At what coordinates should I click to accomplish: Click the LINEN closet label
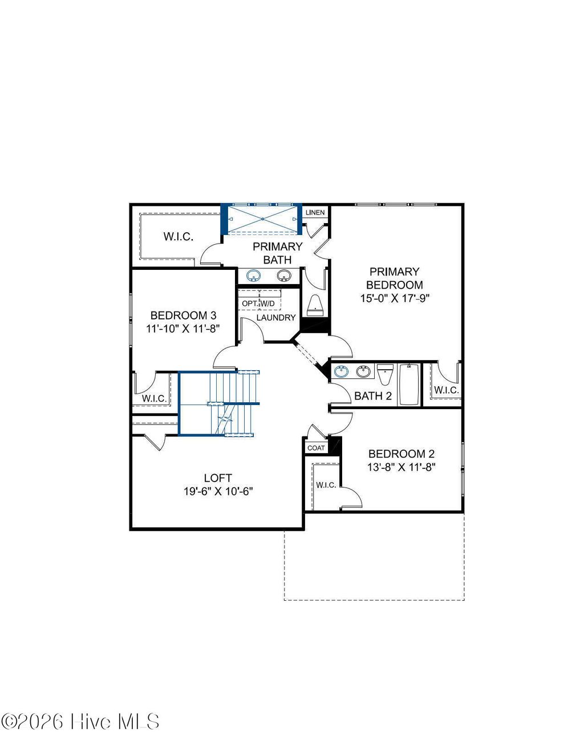(x=315, y=213)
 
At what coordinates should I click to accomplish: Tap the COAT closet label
(x=316, y=448)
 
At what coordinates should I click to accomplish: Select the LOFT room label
(x=218, y=478)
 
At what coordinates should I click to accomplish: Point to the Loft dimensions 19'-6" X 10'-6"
(x=218, y=491)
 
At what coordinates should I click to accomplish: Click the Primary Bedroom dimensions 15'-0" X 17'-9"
(x=394, y=298)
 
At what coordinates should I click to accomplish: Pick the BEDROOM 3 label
(x=183, y=316)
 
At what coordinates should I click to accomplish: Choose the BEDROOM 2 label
(x=401, y=454)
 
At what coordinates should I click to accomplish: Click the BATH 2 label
(x=373, y=396)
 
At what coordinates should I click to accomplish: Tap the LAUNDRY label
(x=276, y=318)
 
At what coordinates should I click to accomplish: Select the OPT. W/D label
(x=258, y=303)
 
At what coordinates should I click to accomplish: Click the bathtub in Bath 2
(x=409, y=385)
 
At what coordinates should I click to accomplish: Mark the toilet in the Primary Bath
(x=315, y=307)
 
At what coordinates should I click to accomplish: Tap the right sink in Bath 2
(x=363, y=372)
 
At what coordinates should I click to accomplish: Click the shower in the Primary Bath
(x=262, y=219)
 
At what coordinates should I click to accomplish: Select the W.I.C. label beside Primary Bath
(x=179, y=237)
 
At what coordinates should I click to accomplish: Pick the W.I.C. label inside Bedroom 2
(x=326, y=485)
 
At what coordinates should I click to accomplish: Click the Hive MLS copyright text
(x=80, y=722)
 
